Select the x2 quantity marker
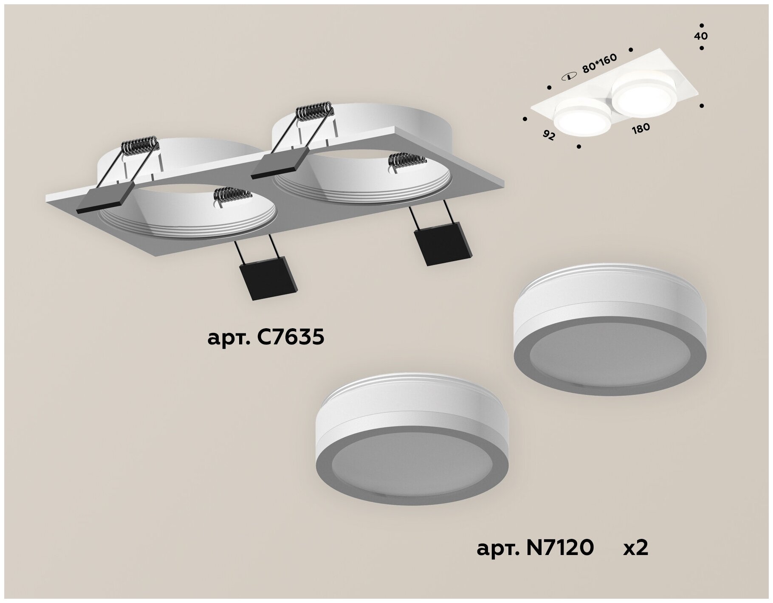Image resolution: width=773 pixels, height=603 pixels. (636, 548)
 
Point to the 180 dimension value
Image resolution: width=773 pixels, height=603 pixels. (641, 128)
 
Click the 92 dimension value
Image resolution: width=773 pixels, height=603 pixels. (549, 136)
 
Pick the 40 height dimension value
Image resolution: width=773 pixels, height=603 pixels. (701, 36)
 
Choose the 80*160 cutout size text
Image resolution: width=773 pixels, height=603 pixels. (599, 64)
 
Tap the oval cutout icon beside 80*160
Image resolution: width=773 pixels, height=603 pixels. (568, 77)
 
